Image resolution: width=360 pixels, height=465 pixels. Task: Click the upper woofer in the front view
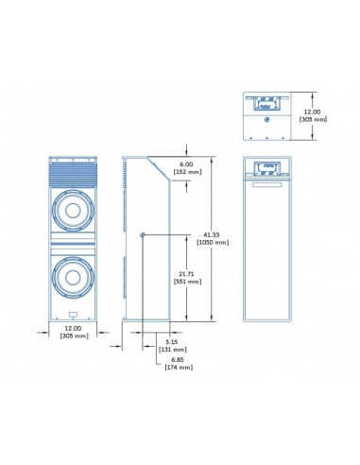(72, 211)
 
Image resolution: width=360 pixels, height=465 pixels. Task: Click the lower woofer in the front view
(72, 276)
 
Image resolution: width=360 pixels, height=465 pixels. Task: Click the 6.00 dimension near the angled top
(185, 164)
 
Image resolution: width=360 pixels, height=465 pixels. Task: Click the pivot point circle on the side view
(142, 234)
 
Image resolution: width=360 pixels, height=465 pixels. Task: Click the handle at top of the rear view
(268, 170)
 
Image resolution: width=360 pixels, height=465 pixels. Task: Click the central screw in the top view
(268, 120)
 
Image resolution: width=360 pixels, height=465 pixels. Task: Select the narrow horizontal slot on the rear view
(268, 184)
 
